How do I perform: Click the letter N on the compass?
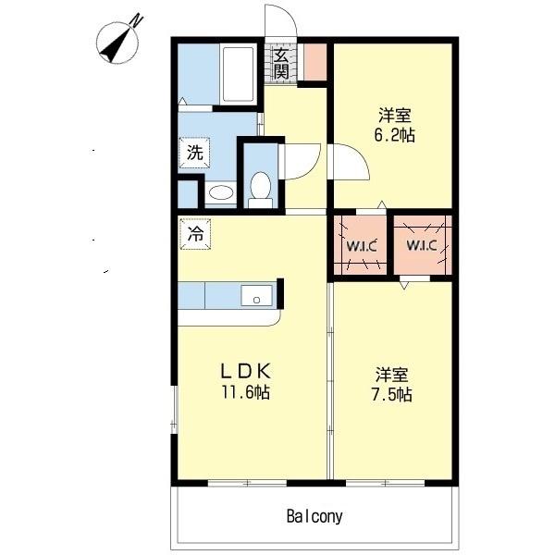coord(137,20)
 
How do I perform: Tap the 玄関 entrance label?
coord(281,65)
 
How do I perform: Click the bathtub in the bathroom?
coord(239,74)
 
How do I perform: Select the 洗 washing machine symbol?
coord(194,153)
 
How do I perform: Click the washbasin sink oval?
coord(221,192)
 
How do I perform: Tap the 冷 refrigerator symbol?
coord(195,234)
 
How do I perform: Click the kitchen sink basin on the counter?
coord(256,296)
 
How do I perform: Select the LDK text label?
coord(246,371)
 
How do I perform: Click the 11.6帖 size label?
coord(246,392)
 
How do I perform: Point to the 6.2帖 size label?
coord(395,135)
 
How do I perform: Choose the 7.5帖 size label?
coord(392,394)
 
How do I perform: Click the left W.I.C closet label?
coord(362,246)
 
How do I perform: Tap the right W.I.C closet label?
coord(422,245)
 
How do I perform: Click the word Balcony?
coord(314,516)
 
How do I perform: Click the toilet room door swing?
coord(312,166)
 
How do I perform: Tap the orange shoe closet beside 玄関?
coord(315,62)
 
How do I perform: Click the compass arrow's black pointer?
coord(113,48)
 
